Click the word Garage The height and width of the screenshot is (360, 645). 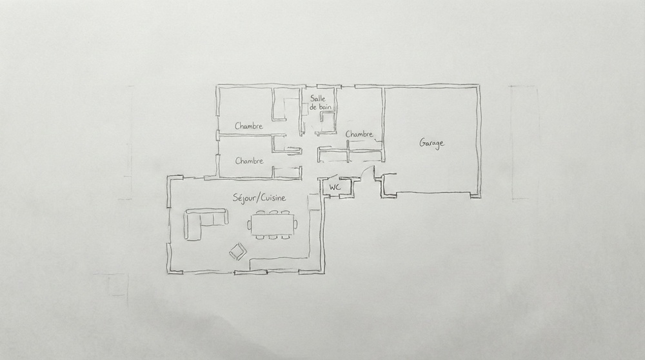click(432, 143)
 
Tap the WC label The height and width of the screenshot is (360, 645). click(335, 187)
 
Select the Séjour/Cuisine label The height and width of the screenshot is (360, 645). click(259, 198)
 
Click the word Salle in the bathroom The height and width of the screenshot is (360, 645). click(318, 98)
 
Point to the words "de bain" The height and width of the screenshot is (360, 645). click(320, 107)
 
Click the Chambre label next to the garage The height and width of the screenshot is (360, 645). click(359, 134)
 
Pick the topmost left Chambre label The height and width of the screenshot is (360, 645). click(249, 126)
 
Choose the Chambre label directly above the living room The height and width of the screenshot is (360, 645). click(249, 161)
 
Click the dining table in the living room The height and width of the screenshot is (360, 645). click(272, 225)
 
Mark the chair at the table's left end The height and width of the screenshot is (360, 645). click(249, 225)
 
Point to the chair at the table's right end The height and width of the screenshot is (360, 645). click(295, 225)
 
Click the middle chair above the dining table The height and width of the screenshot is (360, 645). click(273, 212)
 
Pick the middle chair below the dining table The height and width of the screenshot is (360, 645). click(272, 237)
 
